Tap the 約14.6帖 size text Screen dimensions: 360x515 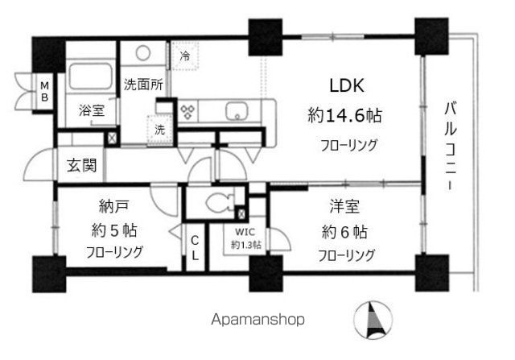coord(344,117)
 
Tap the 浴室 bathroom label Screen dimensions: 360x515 coord(90,111)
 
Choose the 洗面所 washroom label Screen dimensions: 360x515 coord(143,82)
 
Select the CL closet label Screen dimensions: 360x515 coord(196,247)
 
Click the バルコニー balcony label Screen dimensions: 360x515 coord(449,146)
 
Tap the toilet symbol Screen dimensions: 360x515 coord(218,202)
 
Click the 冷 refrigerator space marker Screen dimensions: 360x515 coord(184,56)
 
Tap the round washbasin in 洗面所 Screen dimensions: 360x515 coord(143,54)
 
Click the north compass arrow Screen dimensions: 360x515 coord(373,320)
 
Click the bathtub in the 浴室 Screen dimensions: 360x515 coord(90,78)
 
